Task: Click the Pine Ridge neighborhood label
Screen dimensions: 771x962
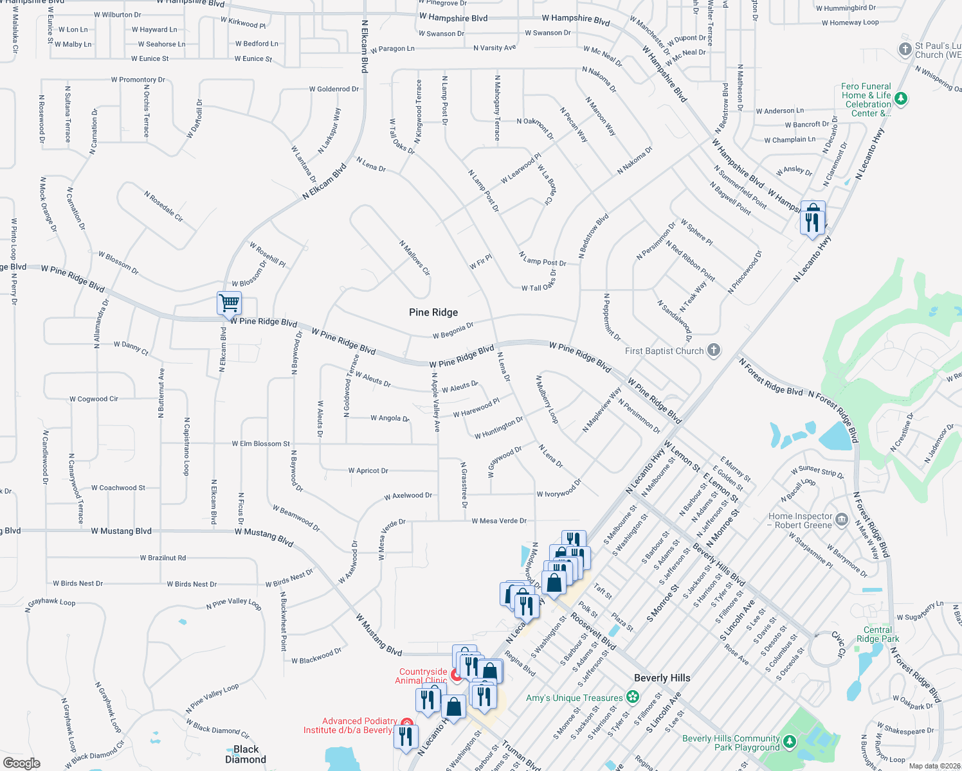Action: tap(433, 312)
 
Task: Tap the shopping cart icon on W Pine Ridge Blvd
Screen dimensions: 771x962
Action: tap(229, 302)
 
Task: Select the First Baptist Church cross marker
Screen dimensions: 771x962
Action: tap(713, 350)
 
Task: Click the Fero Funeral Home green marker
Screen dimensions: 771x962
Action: tap(900, 98)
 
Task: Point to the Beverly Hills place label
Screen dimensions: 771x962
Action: tap(662, 678)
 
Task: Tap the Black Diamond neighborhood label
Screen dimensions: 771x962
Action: tap(246, 754)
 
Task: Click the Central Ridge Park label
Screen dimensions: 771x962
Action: tap(878, 634)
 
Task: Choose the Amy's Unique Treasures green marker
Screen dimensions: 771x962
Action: tap(633, 696)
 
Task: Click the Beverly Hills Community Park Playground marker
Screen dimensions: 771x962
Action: tap(789, 742)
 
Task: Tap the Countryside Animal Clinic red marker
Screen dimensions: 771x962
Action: tap(457, 675)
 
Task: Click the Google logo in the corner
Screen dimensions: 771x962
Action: tap(21, 763)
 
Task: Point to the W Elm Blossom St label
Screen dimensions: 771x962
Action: tap(261, 444)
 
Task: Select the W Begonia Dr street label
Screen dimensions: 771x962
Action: tap(453, 330)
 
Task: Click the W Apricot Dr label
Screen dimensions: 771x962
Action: tap(368, 471)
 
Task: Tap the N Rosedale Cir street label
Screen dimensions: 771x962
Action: tap(163, 206)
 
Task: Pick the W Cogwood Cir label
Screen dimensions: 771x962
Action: tap(94, 399)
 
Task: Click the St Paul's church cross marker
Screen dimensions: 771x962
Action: tap(905, 49)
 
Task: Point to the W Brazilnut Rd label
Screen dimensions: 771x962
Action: tap(163, 558)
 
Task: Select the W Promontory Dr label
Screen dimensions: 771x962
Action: tap(138, 80)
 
